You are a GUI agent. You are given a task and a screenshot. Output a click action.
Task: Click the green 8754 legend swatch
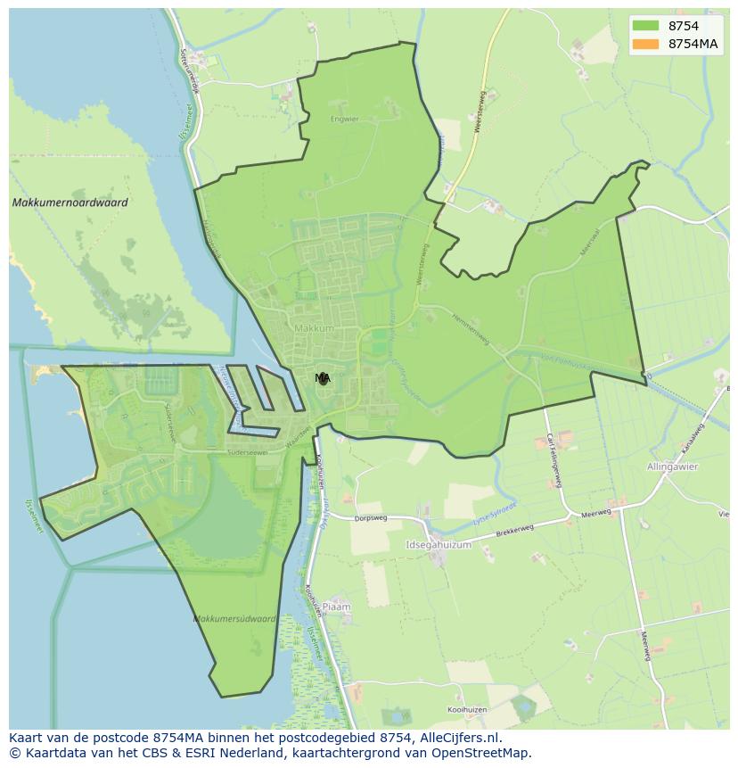(645, 26)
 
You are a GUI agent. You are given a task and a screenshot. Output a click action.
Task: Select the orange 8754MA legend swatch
(645, 44)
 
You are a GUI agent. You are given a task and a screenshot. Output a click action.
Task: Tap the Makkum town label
(314, 328)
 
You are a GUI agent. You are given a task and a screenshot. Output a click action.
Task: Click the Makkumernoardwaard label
(70, 202)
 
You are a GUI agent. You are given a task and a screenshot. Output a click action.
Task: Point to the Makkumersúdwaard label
(234, 618)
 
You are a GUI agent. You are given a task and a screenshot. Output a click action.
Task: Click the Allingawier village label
(673, 467)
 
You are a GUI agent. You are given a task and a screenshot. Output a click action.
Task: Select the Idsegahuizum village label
(437, 543)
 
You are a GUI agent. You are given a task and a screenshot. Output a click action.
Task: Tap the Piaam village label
(336, 607)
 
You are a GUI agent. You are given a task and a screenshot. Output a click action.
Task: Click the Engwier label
(343, 119)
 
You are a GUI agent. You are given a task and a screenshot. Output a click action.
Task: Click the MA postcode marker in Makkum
(322, 378)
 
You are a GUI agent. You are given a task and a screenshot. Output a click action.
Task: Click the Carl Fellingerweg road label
(553, 459)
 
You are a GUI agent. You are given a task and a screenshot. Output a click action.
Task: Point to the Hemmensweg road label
(470, 328)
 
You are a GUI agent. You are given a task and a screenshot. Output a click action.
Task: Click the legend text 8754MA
(693, 44)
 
